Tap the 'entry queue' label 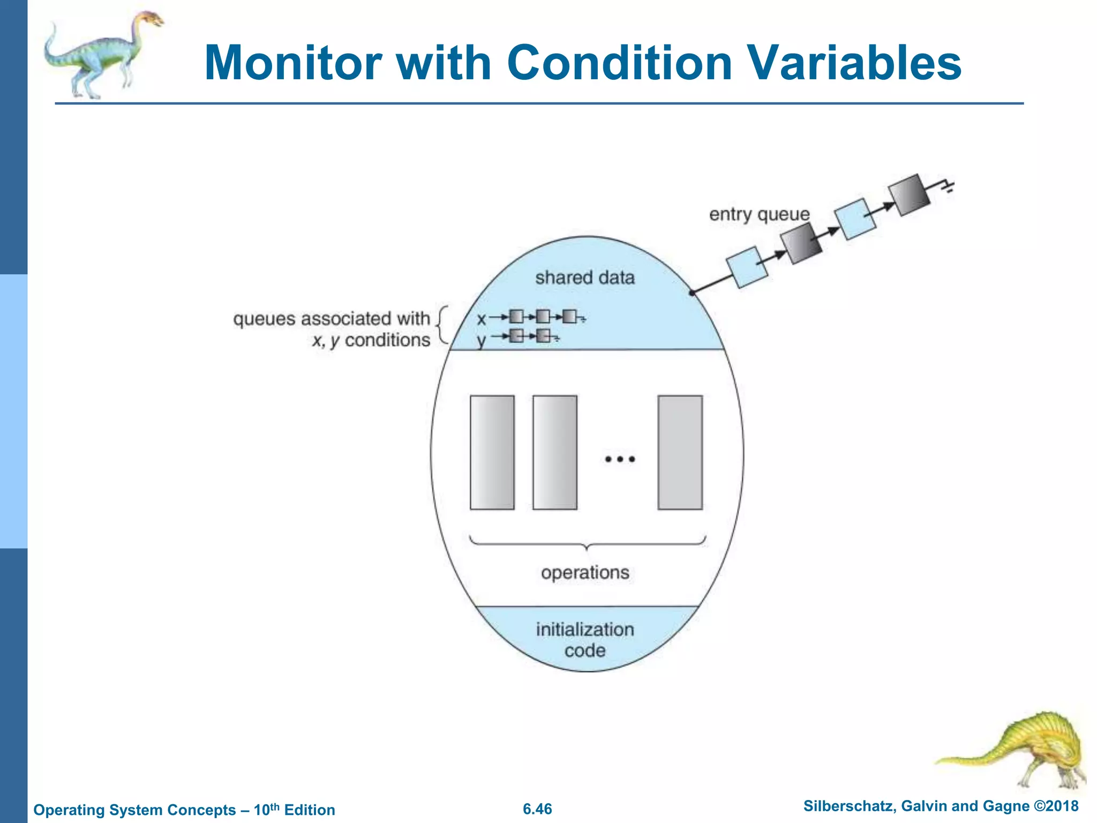759,214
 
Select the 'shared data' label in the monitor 584,278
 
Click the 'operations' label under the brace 585,572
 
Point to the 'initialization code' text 585,640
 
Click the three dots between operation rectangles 620,459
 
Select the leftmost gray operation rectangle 492,452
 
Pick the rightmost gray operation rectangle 680,452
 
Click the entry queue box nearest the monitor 746,267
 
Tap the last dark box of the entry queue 908,195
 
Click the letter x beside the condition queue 481,320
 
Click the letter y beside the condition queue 482,340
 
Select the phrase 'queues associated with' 332,319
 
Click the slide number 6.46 537,809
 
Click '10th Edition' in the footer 294,809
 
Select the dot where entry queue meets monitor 692,293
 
